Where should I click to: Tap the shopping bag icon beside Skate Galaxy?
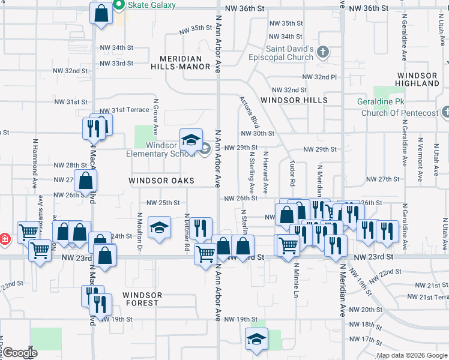point(101,12)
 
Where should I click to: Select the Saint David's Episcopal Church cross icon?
point(323,52)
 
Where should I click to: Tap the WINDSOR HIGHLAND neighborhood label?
point(418,80)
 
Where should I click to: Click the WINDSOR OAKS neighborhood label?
point(161,181)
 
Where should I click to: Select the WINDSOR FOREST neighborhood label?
point(142,299)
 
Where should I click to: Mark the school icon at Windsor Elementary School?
point(191,141)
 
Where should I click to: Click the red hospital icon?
point(4,239)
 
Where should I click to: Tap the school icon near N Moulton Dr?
point(159,227)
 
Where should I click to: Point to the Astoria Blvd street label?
point(249,112)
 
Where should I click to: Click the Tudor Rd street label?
point(292,173)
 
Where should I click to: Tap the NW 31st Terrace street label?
point(124,110)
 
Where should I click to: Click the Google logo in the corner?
point(20,353)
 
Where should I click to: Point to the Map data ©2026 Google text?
point(411,355)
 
